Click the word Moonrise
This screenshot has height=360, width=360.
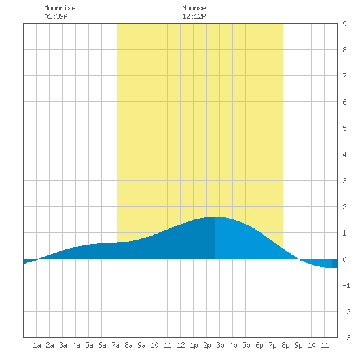coord(60,8)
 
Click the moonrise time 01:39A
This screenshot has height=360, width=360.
coord(56,16)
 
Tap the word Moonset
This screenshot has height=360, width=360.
coord(196,8)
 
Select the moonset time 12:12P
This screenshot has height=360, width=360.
coord(194,16)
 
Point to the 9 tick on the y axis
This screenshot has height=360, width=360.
coord(344,24)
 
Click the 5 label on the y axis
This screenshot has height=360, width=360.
coord(344,128)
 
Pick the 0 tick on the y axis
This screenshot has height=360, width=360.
coord(344,259)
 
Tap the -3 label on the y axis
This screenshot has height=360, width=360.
coord(346,338)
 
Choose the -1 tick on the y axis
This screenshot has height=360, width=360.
coord(346,285)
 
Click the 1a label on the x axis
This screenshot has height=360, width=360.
coord(37,345)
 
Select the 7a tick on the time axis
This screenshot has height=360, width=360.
coord(115,345)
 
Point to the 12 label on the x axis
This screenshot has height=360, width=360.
coord(181,345)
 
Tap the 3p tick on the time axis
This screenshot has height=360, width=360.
coord(220,345)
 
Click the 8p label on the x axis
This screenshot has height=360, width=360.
coord(285,345)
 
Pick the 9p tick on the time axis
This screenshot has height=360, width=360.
coord(298,345)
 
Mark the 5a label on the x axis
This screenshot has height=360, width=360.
coord(89,345)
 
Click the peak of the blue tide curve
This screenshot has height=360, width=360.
coord(215,217)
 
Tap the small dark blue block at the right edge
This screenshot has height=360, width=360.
coord(334,263)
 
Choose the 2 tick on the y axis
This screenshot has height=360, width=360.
coord(344,207)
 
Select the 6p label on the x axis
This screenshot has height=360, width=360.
coord(259,345)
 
